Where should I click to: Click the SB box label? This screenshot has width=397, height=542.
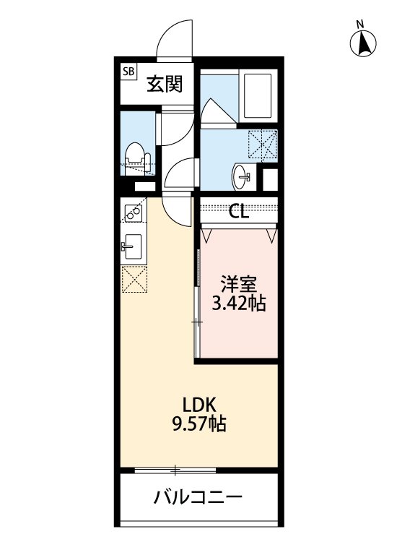[x=129, y=72]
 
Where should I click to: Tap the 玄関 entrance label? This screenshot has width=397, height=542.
[x=165, y=85]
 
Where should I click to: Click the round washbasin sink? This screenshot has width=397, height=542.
[x=243, y=174]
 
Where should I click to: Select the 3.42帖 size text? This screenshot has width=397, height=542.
[x=237, y=304]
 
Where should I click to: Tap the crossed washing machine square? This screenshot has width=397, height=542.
[x=263, y=144]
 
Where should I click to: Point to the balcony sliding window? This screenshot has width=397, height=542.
[x=174, y=470]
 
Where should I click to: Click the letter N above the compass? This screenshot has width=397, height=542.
[x=359, y=25]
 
